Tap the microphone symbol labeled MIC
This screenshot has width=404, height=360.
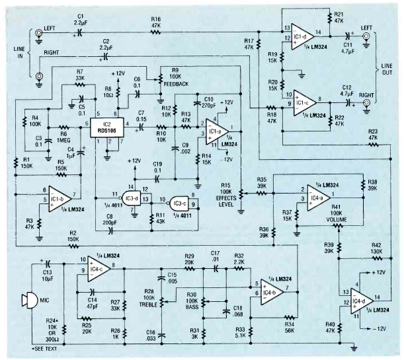click(26, 301)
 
